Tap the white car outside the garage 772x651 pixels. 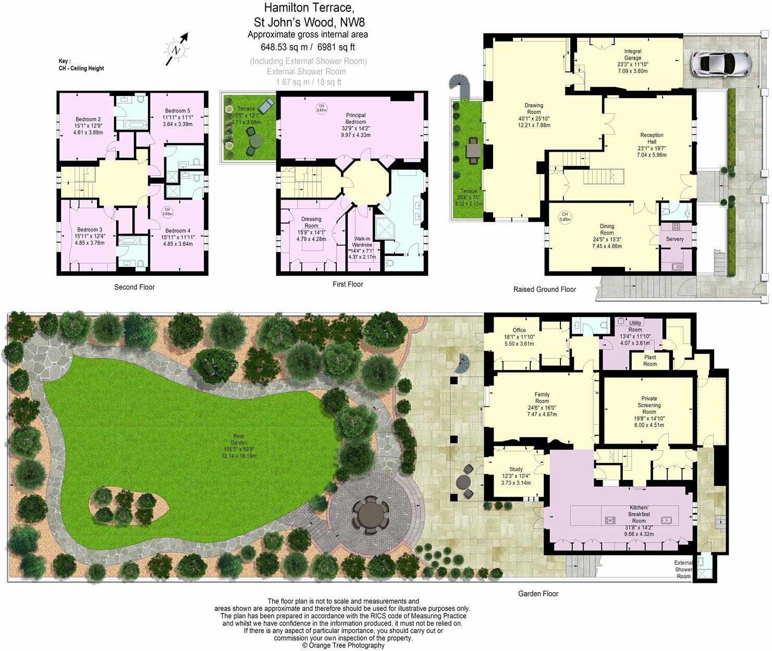(x=721, y=63)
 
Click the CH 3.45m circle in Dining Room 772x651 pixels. (x=565, y=216)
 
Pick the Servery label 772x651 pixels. (x=675, y=239)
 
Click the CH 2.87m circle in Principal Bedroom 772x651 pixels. (x=321, y=108)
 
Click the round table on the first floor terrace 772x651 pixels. (x=255, y=141)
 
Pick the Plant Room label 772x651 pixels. (x=650, y=361)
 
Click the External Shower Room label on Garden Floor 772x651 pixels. (x=683, y=569)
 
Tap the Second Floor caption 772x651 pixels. (x=134, y=287)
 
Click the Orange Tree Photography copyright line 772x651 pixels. (x=343, y=645)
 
